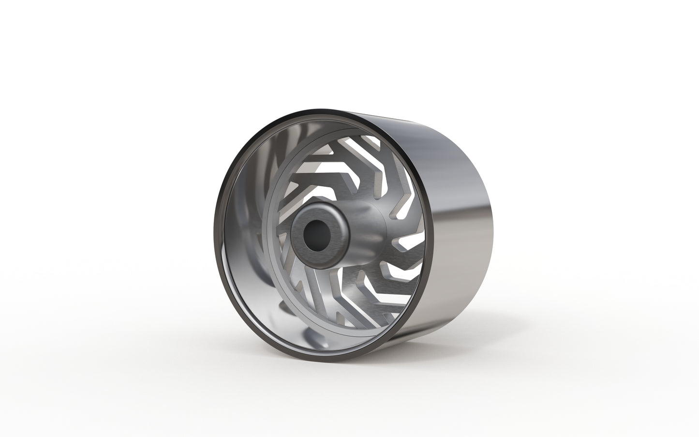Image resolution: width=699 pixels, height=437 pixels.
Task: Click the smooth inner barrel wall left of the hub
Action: point(242,232)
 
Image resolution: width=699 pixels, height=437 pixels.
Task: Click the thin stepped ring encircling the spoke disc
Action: point(269,232)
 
